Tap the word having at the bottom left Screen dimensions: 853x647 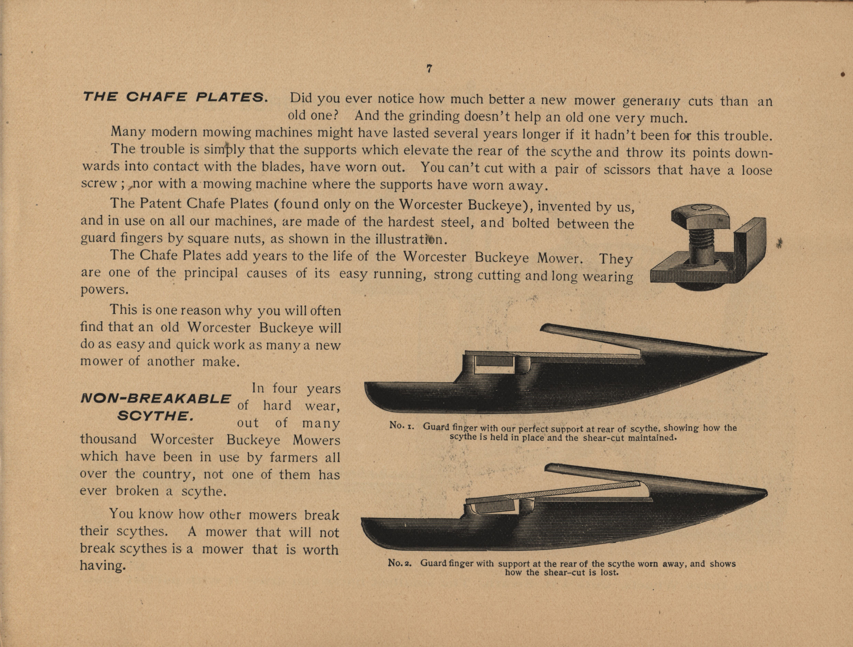pyautogui.click(x=103, y=566)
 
